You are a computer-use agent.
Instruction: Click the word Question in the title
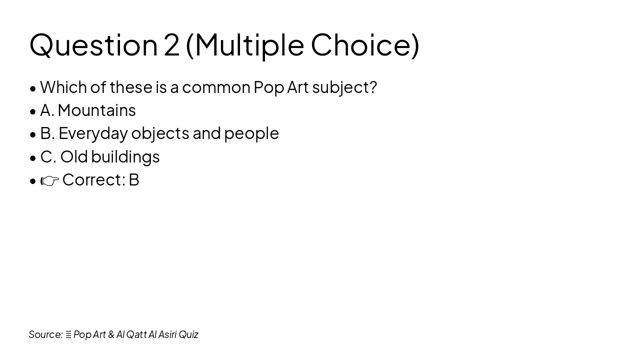[93, 45]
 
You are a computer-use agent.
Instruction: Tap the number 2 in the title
[171, 45]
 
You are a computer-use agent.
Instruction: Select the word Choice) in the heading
[365, 45]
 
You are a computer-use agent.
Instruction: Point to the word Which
[63, 87]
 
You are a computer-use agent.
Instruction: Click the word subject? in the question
[344, 87]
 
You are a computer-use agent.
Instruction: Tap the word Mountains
[96, 110]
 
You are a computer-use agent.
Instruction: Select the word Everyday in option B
[93, 133]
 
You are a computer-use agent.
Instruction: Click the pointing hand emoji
[50, 180]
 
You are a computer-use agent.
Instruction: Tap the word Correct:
[93, 179]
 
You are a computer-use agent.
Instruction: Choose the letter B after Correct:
[134, 179]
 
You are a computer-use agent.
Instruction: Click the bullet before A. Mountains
[33, 111]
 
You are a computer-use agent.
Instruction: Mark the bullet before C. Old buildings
[33, 157]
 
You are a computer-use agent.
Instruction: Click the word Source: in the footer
[45, 334]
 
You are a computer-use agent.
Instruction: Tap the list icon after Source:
[68, 334]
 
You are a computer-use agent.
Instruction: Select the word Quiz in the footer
[188, 334]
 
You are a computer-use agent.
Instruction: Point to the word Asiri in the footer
[167, 334]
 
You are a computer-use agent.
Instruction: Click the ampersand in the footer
[111, 334]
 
